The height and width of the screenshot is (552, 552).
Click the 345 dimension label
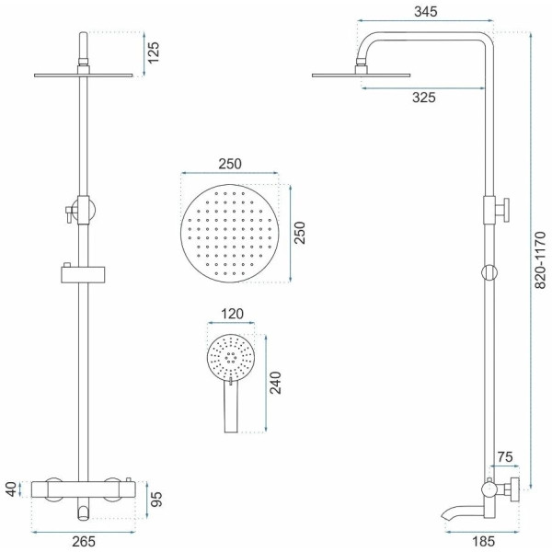click(x=425, y=12)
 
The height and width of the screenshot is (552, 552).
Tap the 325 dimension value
click(x=424, y=98)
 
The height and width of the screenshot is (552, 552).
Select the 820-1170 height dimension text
click(x=540, y=260)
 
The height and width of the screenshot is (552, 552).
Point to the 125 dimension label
click(x=153, y=52)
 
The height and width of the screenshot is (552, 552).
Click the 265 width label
click(x=84, y=542)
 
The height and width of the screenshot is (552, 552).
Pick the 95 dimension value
click(x=156, y=499)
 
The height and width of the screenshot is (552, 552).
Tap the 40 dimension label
click(x=11, y=489)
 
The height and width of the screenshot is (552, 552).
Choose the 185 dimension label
click(x=483, y=542)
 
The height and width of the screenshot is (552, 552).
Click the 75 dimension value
click(x=505, y=457)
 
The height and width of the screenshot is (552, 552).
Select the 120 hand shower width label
click(x=232, y=314)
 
